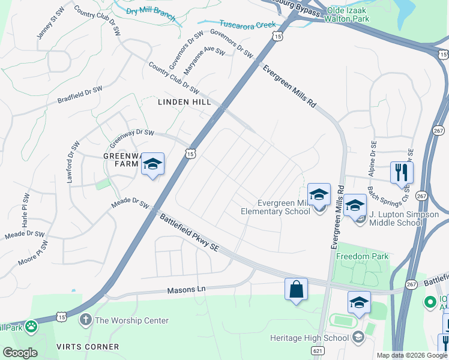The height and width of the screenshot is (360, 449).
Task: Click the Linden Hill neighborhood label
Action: tap(184, 103)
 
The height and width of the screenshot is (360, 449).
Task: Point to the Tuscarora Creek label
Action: tap(247, 25)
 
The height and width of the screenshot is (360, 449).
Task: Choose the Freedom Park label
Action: tap(362, 257)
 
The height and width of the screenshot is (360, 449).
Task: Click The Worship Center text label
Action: tap(131, 320)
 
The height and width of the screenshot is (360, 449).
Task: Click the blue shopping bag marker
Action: tap(296, 289)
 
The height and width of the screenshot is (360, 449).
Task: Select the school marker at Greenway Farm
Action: tap(153, 164)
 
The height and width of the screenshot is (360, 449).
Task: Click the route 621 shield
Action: tap(319, 350)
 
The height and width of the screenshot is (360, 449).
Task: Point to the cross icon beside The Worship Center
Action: tap(86, 320)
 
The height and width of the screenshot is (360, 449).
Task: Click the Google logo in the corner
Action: tap(20, 353)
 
